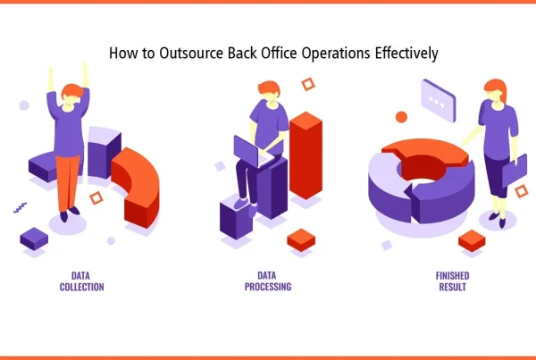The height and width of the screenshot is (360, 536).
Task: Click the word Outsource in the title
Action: click(191, 53)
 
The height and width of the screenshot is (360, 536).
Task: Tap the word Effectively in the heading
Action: click(406, 54)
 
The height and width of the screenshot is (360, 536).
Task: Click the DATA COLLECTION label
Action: click(81, 281)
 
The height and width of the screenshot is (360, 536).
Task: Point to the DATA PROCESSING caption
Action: click(268, 281)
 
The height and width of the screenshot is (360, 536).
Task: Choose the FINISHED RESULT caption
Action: click(452, 281)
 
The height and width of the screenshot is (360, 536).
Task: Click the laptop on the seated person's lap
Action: click(253, 153)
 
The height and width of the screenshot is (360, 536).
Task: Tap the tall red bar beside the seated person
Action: click(306, 155)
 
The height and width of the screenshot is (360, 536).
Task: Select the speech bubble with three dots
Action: click(439, 101)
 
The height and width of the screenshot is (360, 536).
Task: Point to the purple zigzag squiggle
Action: click(21, 207)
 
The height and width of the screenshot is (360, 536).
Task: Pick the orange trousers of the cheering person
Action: click(68, 183)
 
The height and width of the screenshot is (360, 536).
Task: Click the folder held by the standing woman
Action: click(515, 171)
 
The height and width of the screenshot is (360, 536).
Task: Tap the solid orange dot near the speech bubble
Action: click(401, 117)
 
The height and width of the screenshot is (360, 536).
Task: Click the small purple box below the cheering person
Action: click(34, 239)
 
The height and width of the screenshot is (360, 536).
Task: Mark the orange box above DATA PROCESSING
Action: click(301, 239)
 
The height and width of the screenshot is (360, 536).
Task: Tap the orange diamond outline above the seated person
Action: click(308, 85)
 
